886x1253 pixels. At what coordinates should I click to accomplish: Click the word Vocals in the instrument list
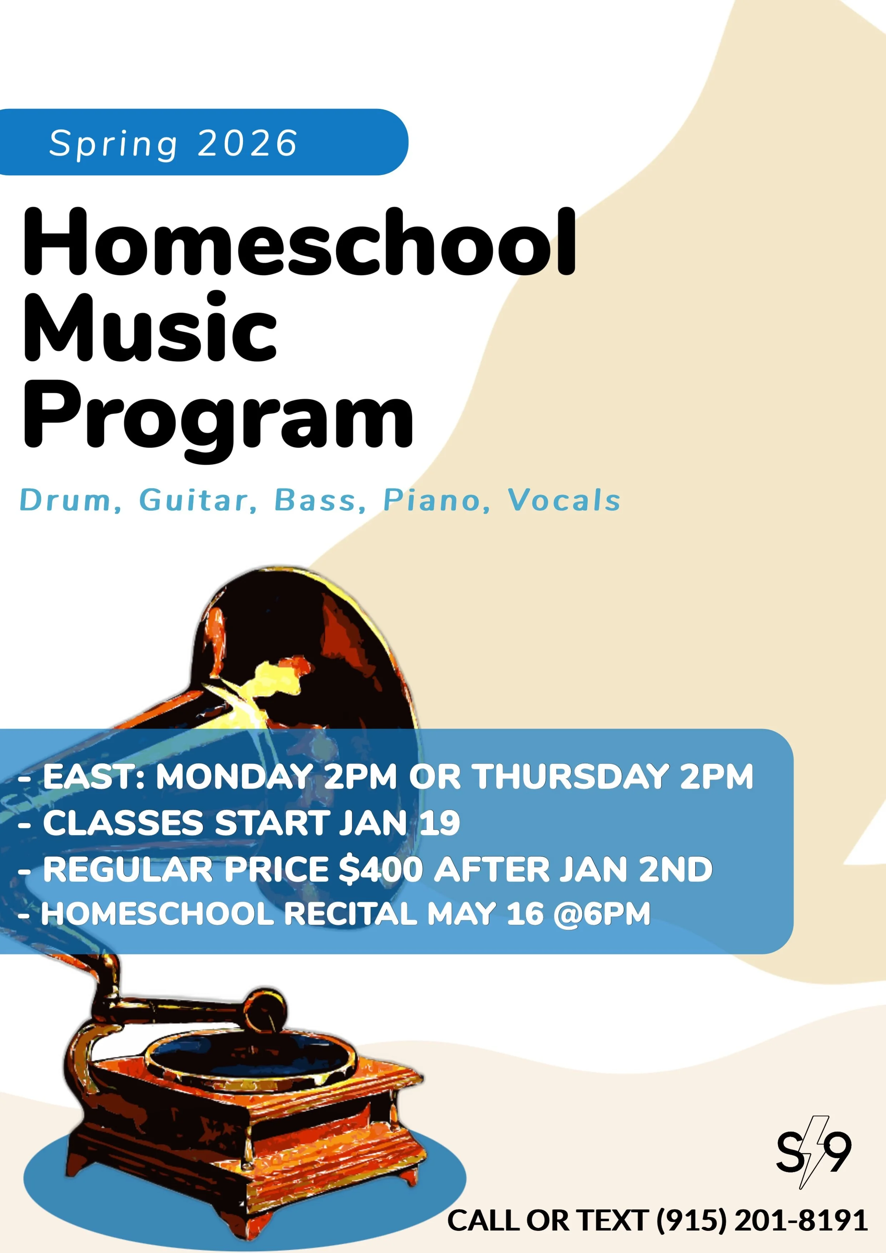tap(564, 500)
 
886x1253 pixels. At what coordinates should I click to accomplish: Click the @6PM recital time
tap(602, 914)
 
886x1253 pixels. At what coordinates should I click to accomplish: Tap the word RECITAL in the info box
tap(350, 914)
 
